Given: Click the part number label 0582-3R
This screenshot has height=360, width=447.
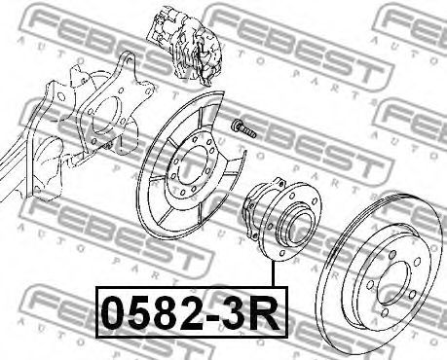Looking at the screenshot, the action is tap(192, 312).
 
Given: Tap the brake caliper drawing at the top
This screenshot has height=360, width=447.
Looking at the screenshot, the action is tap(185, 48).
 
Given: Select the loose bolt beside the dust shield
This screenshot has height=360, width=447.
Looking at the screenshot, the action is tap(243, 128).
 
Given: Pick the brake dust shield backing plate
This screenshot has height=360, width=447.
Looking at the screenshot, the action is tap(192, 168).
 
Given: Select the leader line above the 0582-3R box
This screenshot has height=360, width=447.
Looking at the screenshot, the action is tap(274, 274).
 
